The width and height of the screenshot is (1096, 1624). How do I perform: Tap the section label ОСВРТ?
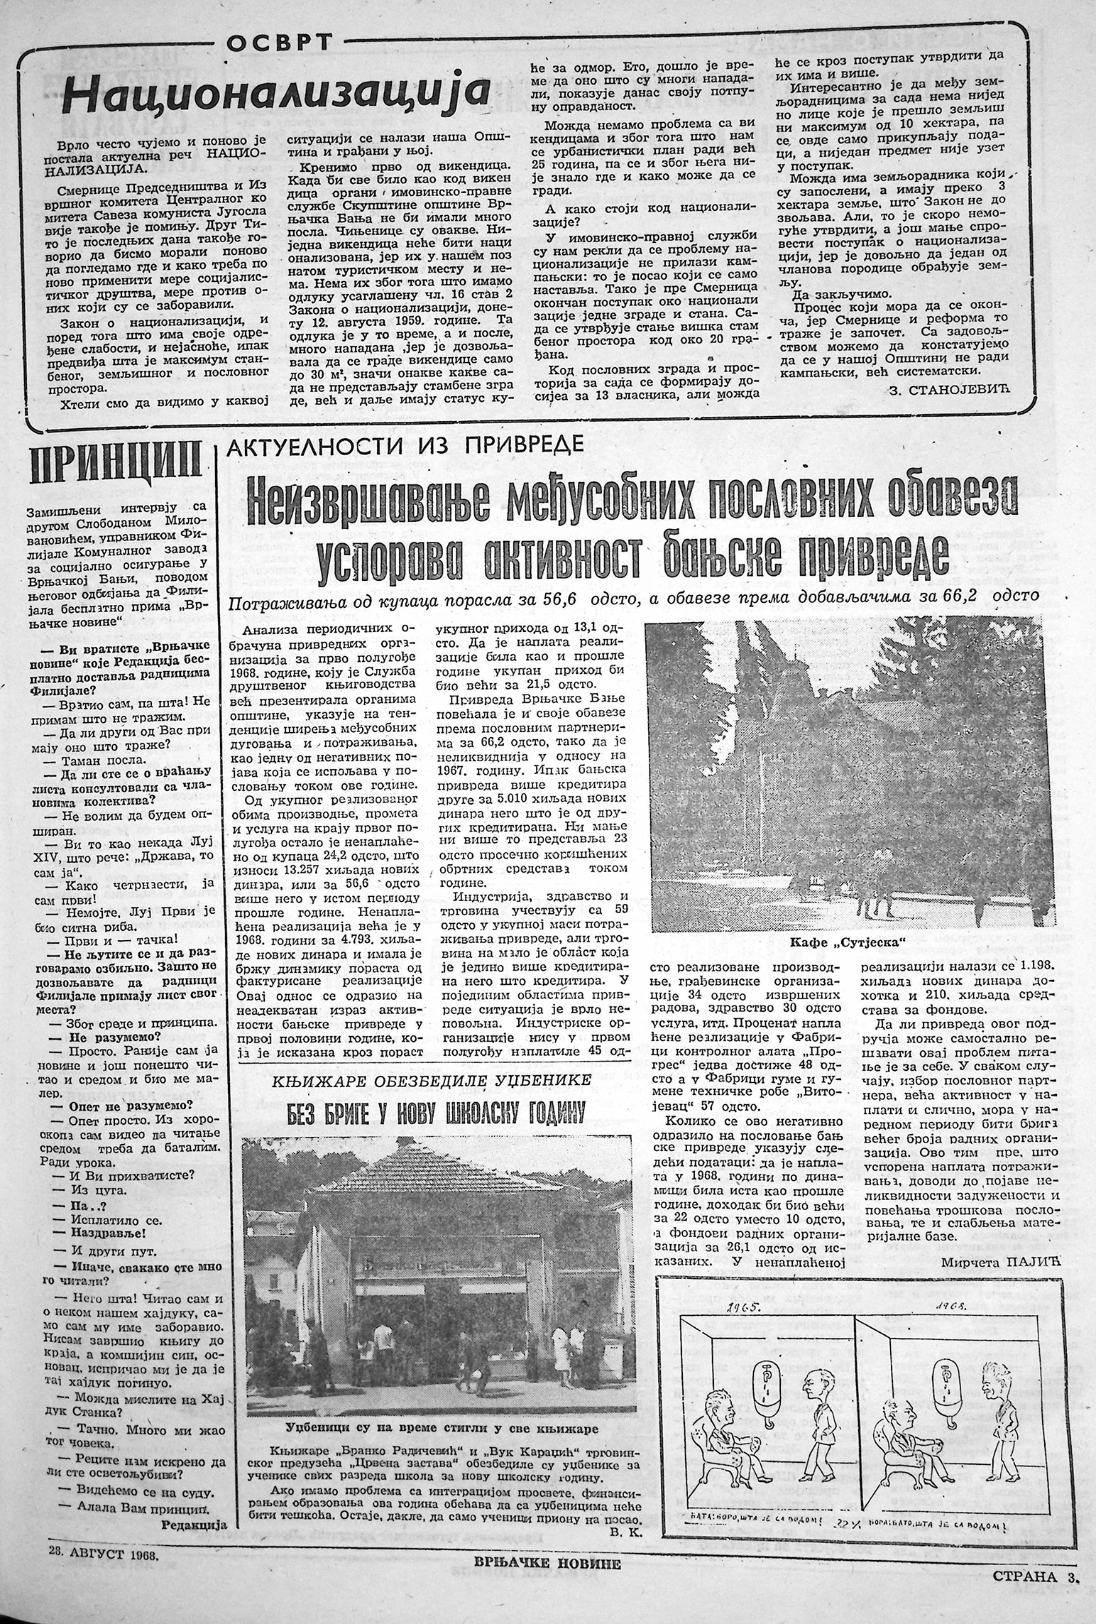[279, 44]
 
